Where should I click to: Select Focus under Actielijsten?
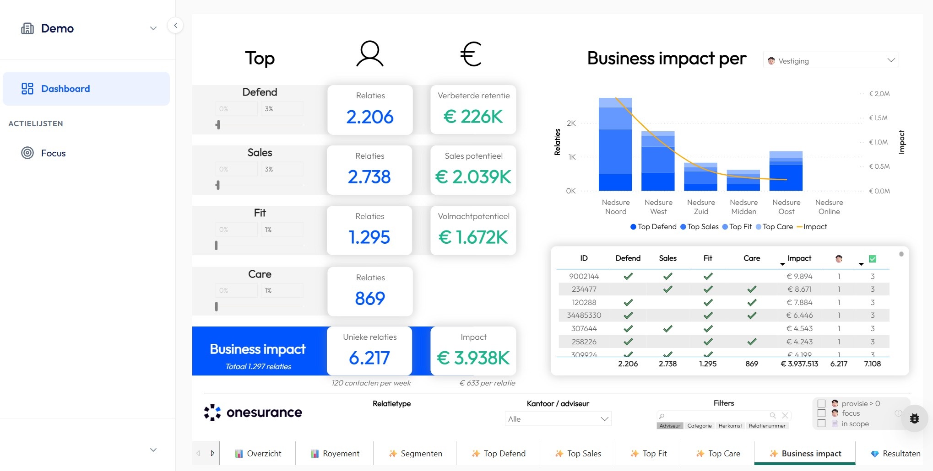(x=53, y=153)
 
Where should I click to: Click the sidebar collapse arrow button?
(x=175, y=26)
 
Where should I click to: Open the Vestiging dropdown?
(x=830, y=60)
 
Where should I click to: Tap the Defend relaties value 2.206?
(x=370, y=117)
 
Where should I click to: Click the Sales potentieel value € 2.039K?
(x=473, y=177)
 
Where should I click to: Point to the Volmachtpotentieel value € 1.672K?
(x=473, y=237)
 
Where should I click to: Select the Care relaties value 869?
(x=370, y=299)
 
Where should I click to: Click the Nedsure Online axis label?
(x=829, y=207)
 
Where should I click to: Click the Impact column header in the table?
(x=799, y=258)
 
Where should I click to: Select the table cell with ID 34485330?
(x=584, y=316)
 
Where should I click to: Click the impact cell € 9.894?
(x=799, y=276)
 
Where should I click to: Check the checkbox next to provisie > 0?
(x=821, y=403)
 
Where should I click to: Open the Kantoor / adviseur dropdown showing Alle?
(x=558, y=419)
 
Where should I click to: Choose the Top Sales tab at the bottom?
(x=578, y=454)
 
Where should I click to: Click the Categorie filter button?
(x=699, y=426)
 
